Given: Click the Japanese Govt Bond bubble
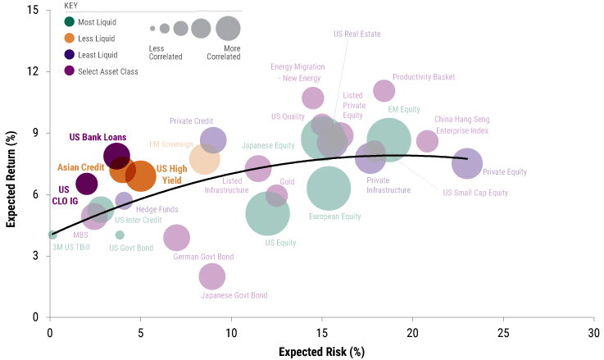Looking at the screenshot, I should point(212,276).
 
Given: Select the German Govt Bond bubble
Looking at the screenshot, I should point(176,238).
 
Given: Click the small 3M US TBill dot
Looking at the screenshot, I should point(53,235).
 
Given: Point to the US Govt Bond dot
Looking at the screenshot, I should point(120,235).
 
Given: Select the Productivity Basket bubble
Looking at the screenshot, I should point(384,90).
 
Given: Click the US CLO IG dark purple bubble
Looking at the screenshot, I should point(87,184).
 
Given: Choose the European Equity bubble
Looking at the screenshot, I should point(329,189).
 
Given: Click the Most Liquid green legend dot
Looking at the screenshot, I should point(70,22).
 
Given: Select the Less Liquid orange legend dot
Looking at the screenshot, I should point(70,39).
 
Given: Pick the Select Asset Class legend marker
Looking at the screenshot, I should point(70,71).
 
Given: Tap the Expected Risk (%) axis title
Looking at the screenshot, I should point(321,352).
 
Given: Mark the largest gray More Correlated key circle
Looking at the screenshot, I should point(228,28).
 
